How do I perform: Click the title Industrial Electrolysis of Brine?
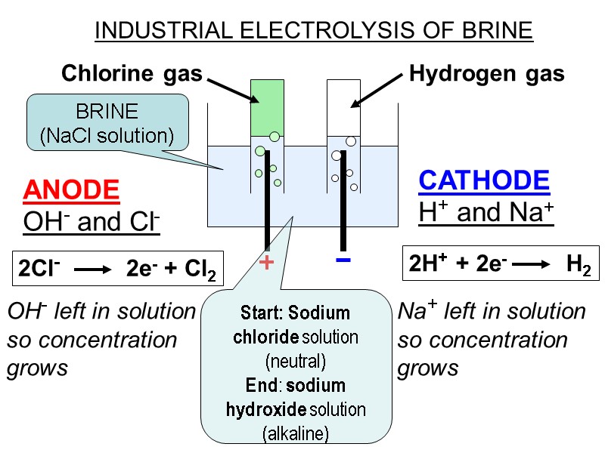314,31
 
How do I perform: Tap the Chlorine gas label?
132,73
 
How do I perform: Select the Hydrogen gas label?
486,73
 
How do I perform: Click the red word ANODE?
71,190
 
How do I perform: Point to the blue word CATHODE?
484,180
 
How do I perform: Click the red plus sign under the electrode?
266,263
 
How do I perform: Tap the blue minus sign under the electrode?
343,260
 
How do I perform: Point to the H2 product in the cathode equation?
579,265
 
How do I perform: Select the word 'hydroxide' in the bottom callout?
265,410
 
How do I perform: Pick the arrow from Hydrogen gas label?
375,90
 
